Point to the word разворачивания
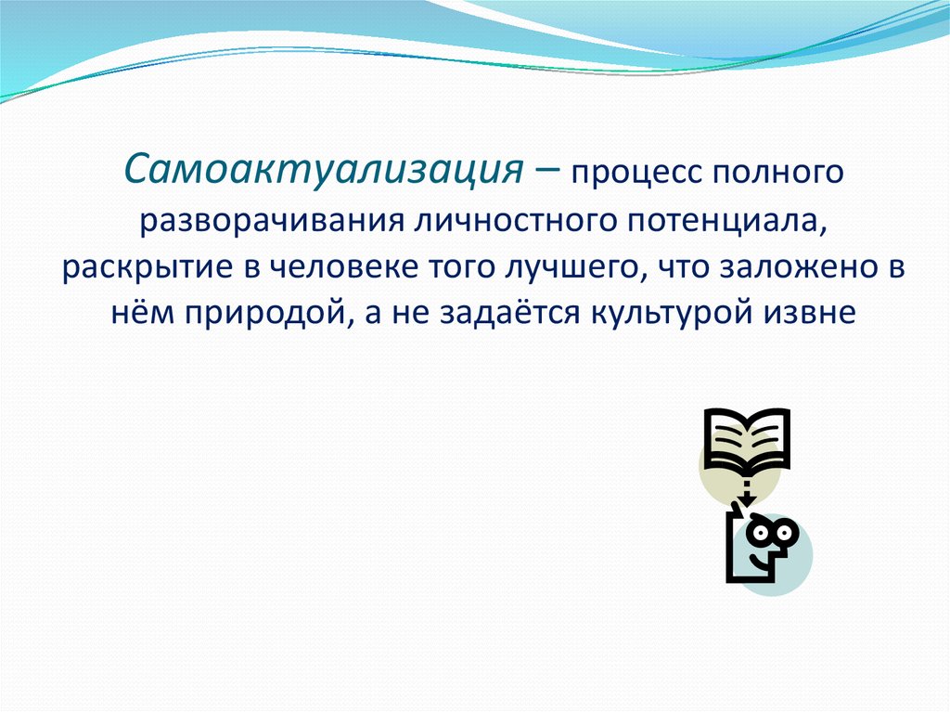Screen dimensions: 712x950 point(270,222)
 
